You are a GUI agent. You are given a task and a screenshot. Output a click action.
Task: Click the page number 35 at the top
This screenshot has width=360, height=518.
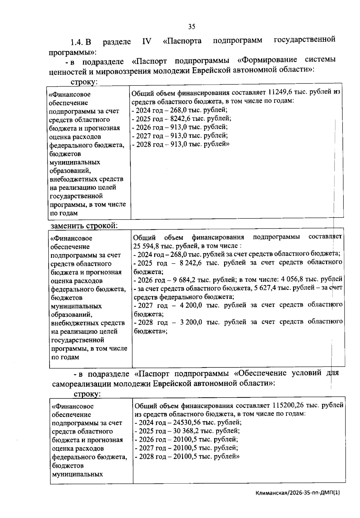pyautogui.click(x=192, y=27)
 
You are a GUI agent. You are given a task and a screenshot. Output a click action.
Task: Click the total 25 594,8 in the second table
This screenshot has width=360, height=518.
pyautogui.click(x=146, y=246)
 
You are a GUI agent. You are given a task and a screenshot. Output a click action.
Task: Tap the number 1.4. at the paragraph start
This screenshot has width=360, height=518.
pyautogui.click(x=77, y=42)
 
